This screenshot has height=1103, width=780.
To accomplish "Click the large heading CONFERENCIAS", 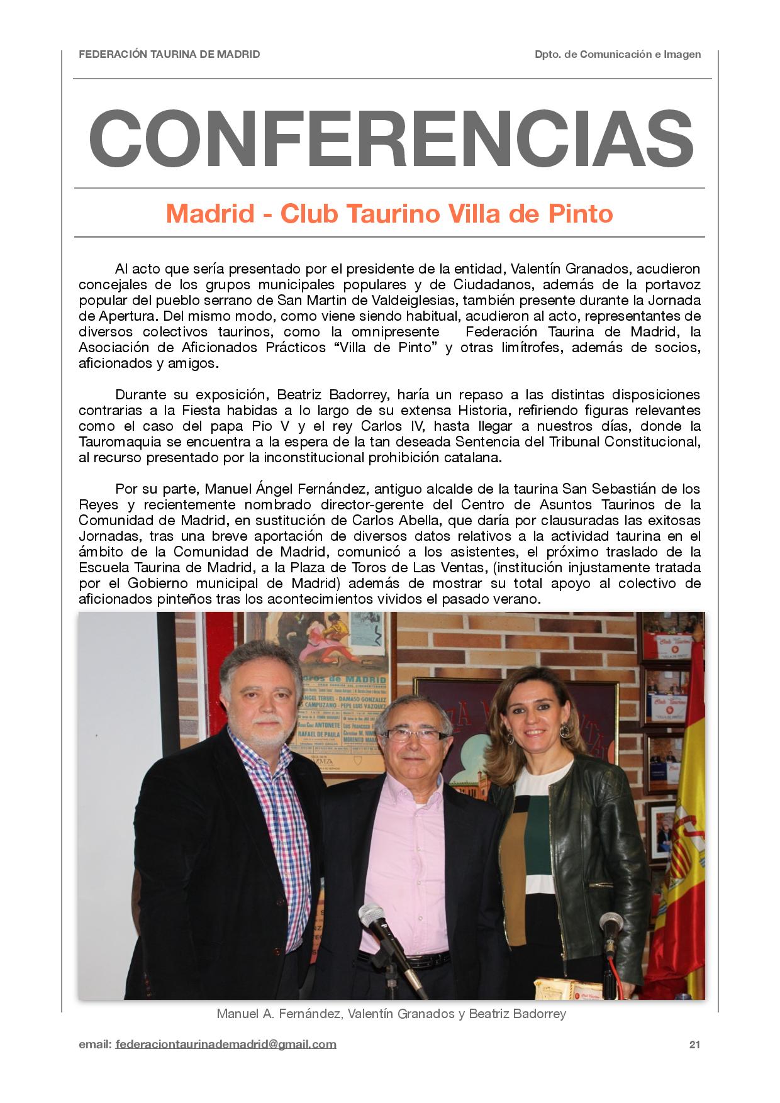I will [x=390, y=138].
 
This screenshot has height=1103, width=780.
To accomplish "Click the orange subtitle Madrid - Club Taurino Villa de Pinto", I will [x=389, y=214].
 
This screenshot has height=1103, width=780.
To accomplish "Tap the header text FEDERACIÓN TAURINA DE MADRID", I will [x=169, y=55].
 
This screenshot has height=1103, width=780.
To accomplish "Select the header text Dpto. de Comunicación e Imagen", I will [x=618, y=55].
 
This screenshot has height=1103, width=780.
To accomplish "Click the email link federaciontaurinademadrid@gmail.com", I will [x=226, y=1045].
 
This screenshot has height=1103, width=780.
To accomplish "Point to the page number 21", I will [x=694, y=1045].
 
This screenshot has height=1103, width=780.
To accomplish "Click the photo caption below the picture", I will [x=391, y=1014].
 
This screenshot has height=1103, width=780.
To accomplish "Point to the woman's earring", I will [x=564, y=731].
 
